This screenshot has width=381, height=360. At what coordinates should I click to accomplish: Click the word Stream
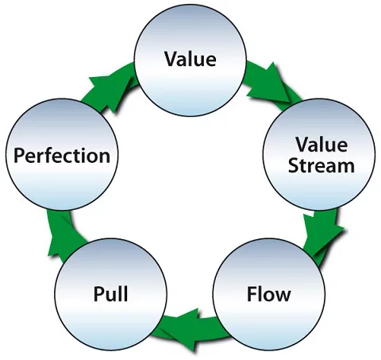tap(322, 165)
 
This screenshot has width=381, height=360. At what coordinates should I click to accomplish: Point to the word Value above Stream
tap(322, 145)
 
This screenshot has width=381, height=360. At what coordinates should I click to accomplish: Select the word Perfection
tap(60, 155)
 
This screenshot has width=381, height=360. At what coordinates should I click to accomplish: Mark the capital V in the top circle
tap(170, 58)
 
